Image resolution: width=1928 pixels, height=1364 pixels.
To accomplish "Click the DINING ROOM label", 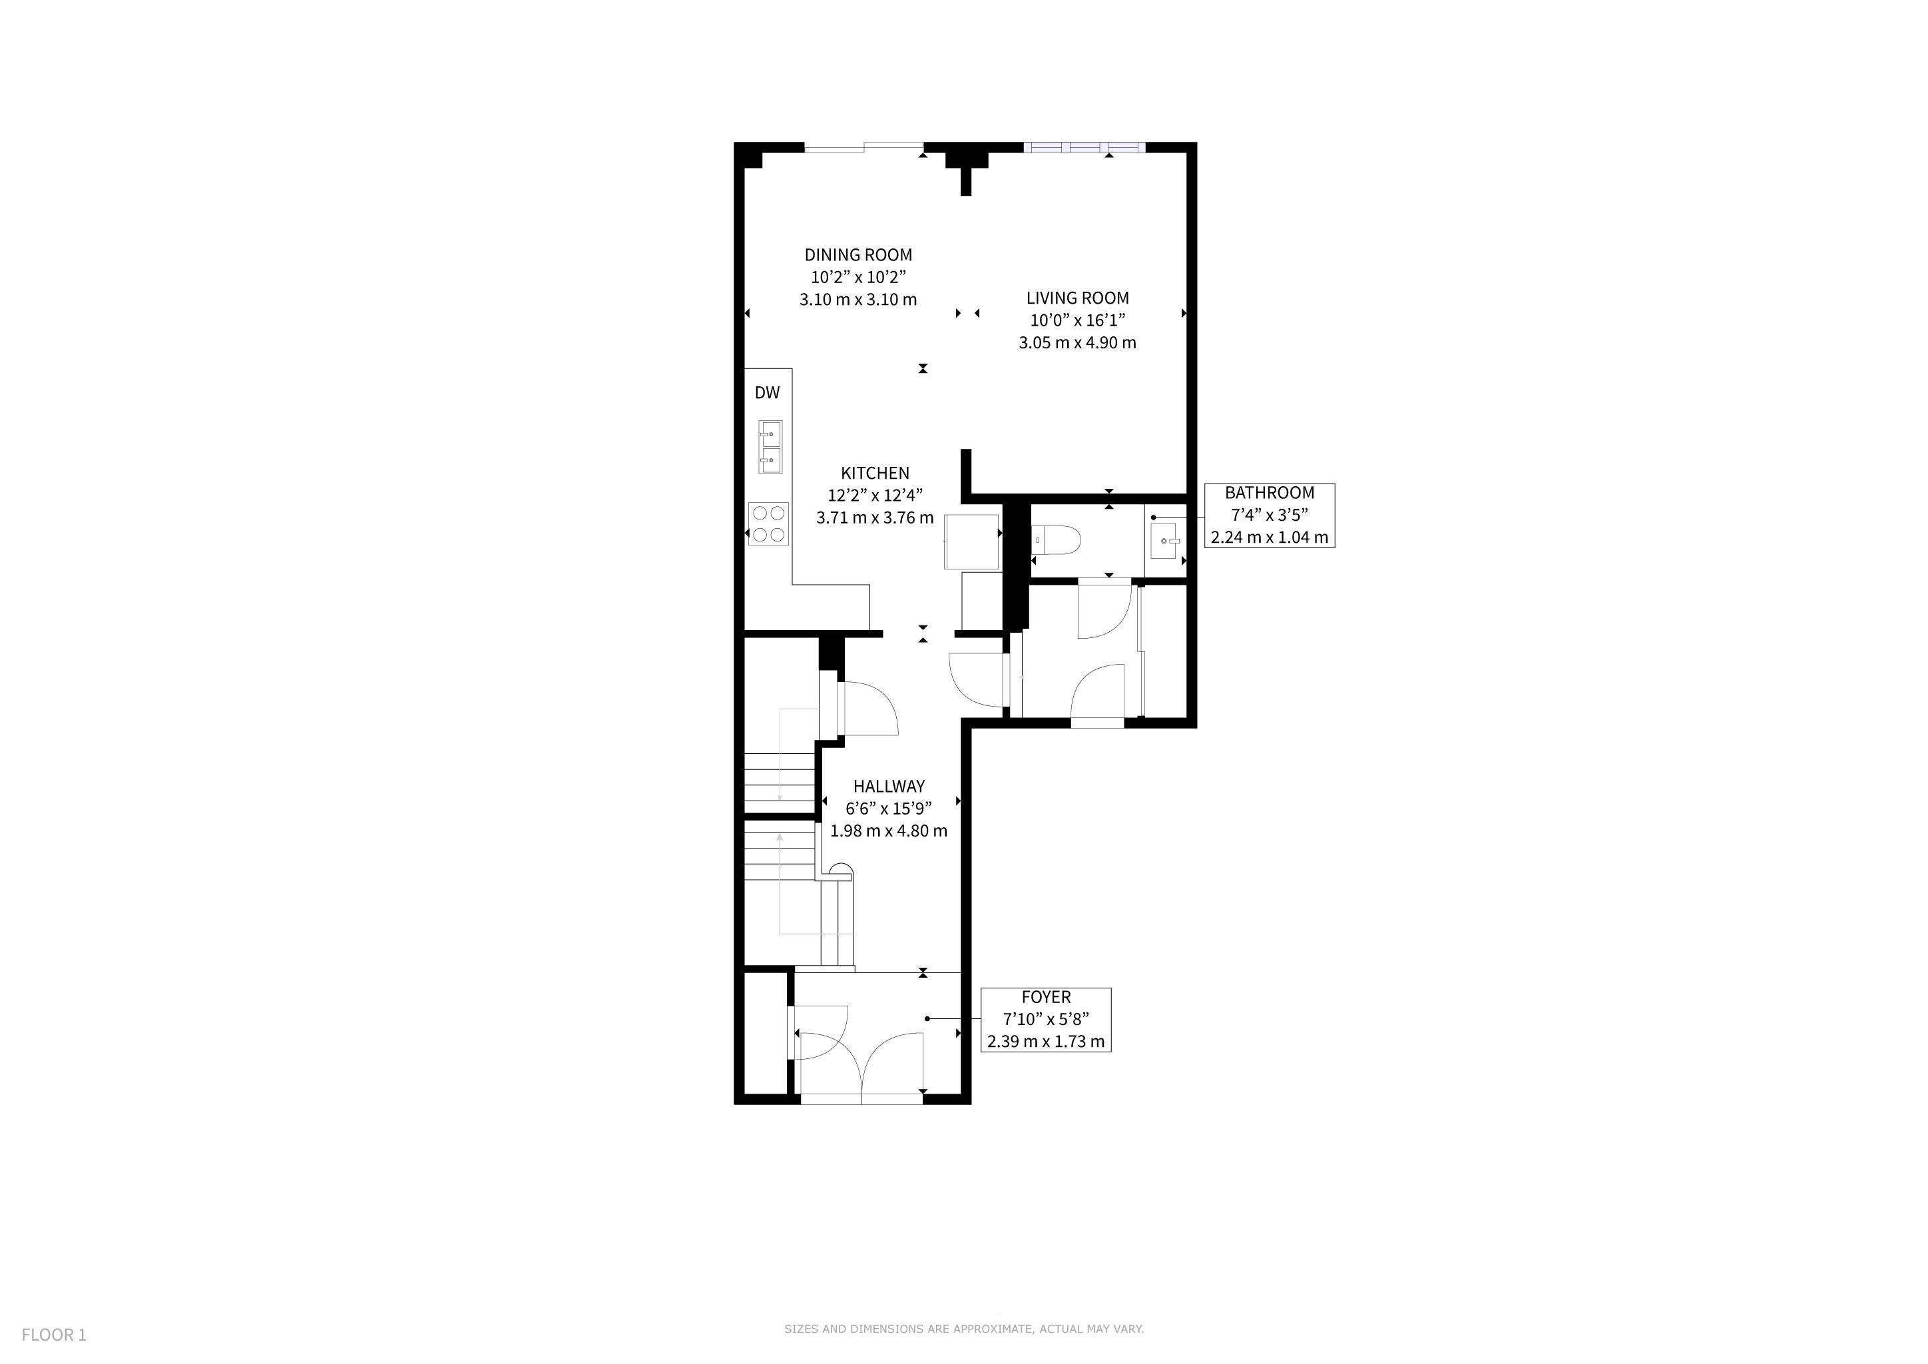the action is click(858, 254).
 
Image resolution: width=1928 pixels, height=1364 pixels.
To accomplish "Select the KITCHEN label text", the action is click(875, 473).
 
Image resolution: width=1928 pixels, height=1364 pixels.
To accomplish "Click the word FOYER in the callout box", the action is click(1047, 997).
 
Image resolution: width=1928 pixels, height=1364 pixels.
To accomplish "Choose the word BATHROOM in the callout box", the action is click(1270, 493).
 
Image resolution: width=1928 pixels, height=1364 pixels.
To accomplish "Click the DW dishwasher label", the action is click(768, 392).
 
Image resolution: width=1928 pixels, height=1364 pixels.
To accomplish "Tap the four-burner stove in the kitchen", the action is click(769, 524).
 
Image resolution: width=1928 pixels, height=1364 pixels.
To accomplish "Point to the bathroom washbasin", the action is click(1166, 541).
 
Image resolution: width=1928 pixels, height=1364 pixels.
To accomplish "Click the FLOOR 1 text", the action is click(54, 1335).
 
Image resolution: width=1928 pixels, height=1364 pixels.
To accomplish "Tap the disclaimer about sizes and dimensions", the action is click(964, 1329).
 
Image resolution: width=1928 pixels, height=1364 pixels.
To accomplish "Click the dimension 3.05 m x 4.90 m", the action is click(1077, 343).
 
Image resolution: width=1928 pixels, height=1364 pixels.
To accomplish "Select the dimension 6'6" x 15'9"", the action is click(888, 809).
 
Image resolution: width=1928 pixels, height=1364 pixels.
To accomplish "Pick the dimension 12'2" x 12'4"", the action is click(875, 496).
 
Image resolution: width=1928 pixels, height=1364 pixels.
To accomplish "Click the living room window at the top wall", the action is click(1084, 148).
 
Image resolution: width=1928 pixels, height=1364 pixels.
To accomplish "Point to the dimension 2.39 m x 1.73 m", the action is click(1047, 1042).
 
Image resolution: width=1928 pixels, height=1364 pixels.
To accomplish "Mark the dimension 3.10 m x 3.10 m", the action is click(858, 300).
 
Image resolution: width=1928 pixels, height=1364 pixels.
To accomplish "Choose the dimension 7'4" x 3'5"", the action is click(1270, 515).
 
